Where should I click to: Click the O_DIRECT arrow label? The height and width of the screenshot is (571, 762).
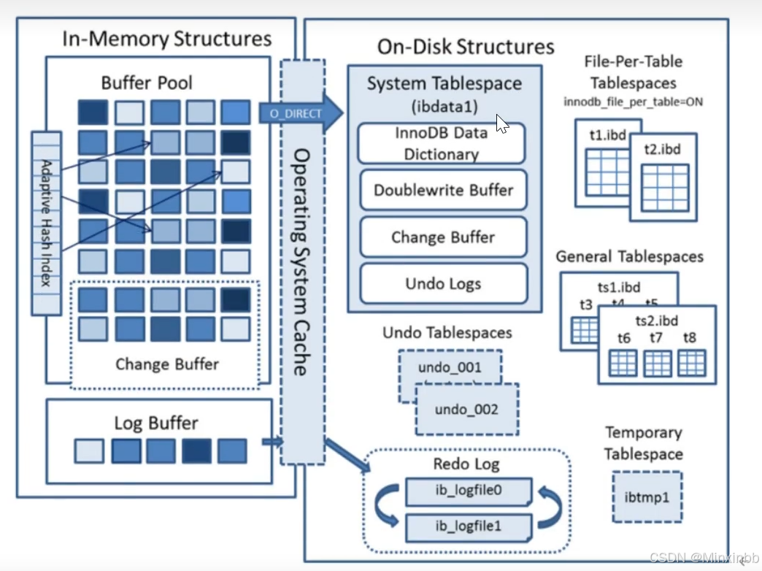click(296, 114)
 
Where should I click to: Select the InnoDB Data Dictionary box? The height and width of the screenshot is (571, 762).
click(442, 143)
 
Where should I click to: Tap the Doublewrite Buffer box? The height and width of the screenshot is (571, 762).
click(443, 190)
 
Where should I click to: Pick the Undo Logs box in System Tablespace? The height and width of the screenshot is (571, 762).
click(443, 283)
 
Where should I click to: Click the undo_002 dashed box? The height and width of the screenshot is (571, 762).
click(467, 409)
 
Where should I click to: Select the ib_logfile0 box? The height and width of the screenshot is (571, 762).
click(469, 491)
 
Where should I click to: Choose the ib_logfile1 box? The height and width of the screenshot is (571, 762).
click(469, 527)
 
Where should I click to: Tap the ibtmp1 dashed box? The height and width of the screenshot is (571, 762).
click(647, 497)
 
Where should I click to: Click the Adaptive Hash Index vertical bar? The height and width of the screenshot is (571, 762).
click(46, 223)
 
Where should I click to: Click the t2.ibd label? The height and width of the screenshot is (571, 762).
click(662, 149)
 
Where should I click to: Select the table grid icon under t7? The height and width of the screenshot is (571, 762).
click(658, 363)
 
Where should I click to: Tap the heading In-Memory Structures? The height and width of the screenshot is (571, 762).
click(166, 39)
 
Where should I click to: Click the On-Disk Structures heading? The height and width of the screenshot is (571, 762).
click(466, 47)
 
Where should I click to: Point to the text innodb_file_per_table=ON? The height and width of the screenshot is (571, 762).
click(633, 102)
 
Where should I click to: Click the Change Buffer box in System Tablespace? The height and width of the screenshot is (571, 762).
click(443, 237)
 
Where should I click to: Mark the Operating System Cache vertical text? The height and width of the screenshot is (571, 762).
click(301, 262)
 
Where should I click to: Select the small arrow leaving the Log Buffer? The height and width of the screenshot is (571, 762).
click(273, 442)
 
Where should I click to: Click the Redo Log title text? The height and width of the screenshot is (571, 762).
click(466, 464)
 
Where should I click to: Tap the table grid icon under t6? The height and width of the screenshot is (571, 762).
click(623, 363)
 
